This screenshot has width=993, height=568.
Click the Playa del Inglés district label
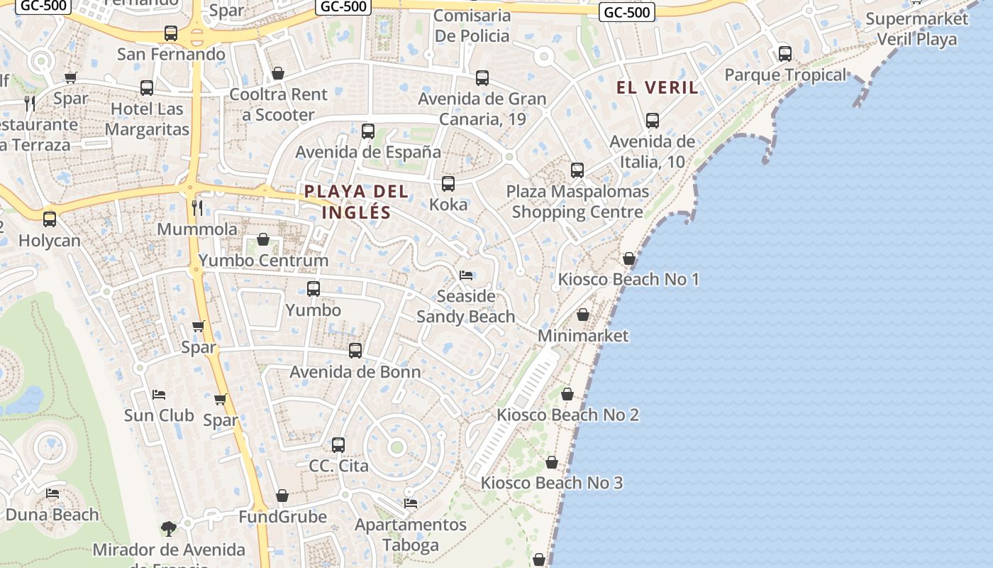tap(356, 202)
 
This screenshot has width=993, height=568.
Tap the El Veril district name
tap(657, 87)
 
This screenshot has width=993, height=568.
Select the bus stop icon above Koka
tap(448, 184)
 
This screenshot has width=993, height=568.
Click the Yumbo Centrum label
tap(263, 261)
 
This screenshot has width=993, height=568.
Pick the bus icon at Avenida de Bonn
tap(355, 351)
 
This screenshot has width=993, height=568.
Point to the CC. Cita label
tap(338, 466)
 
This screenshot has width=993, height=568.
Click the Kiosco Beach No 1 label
tap(628, 279)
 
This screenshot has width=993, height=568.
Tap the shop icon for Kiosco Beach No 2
tap(567, 394)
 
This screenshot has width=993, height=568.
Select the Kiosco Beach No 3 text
tap(552, 483)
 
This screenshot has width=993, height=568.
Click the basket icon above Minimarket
tap(583, 315)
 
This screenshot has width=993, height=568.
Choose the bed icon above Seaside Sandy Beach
tap(466, 275)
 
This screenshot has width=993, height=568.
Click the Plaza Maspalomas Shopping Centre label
tap(577, 202)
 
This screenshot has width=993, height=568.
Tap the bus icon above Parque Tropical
tap(785, 54)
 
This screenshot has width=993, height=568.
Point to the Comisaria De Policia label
tap(472, 26)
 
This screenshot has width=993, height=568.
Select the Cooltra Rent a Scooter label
tap(278, 104)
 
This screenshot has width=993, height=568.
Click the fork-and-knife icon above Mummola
tap(197, 208)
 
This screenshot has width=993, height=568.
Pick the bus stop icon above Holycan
tap(50, 219)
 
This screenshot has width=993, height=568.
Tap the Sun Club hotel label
tap(159, 415)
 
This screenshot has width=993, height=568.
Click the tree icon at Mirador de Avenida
tap(169, 528)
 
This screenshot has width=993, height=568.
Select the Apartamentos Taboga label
tap(411, 535)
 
